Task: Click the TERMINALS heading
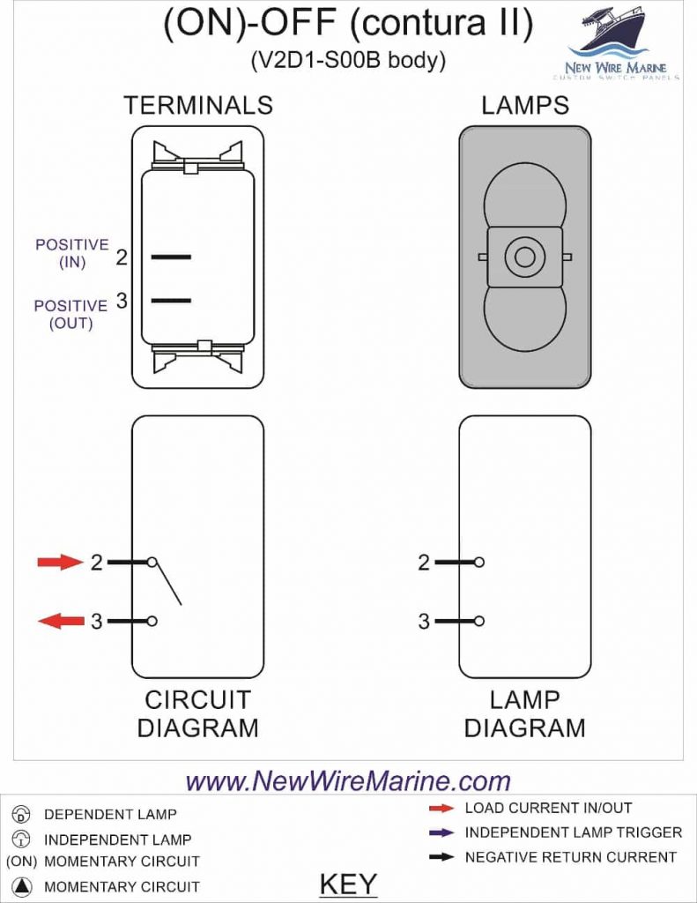pos(198,106)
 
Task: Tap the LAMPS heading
pos(525,106)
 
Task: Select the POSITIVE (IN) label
pos(72,253)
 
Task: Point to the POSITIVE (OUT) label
pos(70,314)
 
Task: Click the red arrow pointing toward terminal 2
pos(60,562)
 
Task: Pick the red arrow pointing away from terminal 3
pos(60,622)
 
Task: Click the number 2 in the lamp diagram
pos(424,562)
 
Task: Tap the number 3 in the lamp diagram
pos(424,622)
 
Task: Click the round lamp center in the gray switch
pos(525,257)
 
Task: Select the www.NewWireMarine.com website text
pos(349,781)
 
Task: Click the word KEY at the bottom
pos(348,884)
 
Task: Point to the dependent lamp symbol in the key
pos(23,814)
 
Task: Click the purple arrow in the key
pos(441,832)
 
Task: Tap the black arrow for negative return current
pos(441,857)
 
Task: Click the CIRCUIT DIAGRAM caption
pos(198,714)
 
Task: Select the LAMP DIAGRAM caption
pos(525,714)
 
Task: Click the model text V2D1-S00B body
pos(348,61)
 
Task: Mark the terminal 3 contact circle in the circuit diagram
pos(152,622)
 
